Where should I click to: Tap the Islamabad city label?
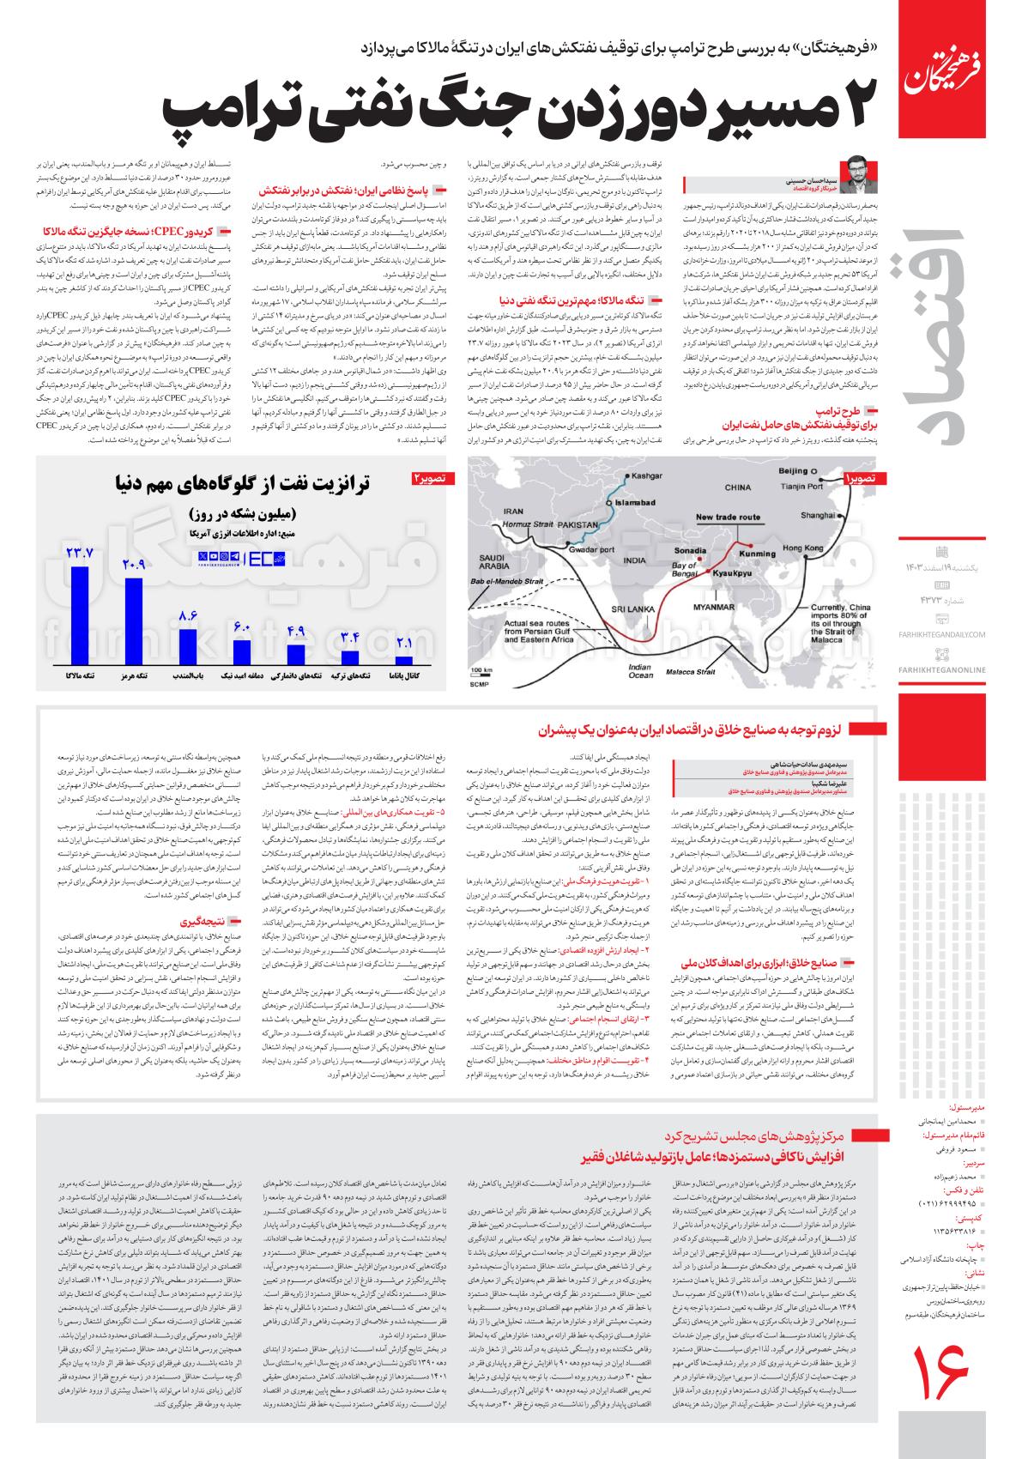[635, 500]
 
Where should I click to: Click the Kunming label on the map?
[758, 554]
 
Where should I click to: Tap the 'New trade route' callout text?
[728, 518]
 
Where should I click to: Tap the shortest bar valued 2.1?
[403, 661]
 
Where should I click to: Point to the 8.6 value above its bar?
[188, 615]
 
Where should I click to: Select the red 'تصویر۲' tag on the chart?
[432, 476]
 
